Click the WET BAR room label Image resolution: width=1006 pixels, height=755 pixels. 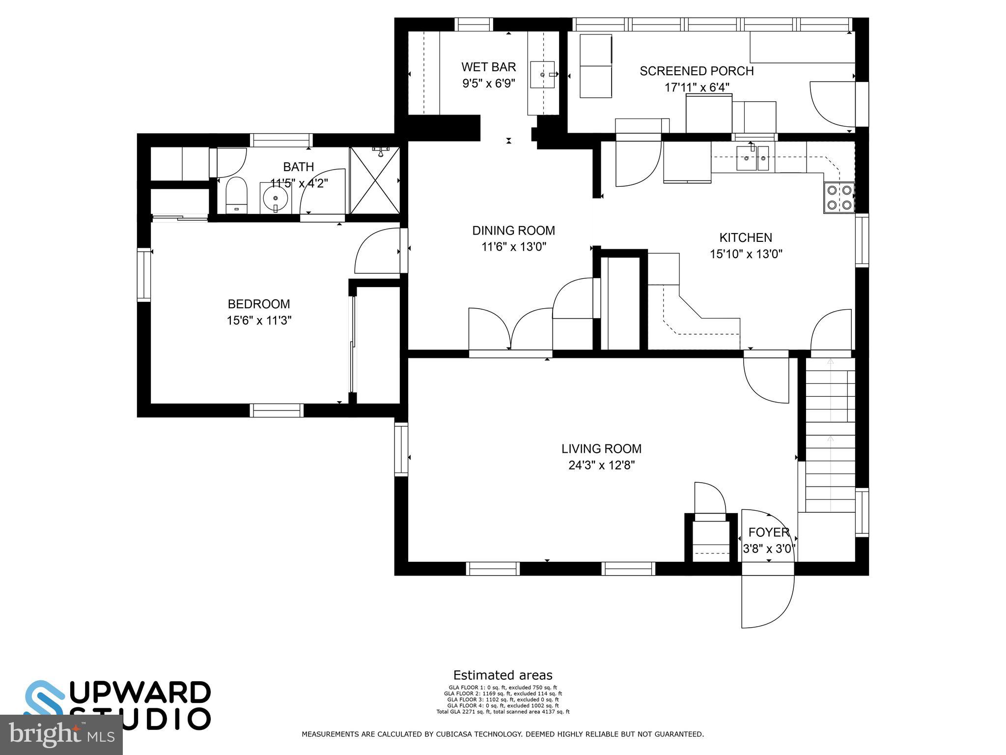pos(488,67)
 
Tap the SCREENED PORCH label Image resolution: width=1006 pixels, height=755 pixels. pos(696,71)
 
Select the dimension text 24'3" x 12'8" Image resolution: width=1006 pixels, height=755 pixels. pos(601,465)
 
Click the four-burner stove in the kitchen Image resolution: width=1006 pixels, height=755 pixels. pos(839,198)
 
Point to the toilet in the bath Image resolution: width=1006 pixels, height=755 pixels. pos(236,195)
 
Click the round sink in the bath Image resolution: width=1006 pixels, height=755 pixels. pos(275,199)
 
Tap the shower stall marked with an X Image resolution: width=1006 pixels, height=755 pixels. pos(375,180)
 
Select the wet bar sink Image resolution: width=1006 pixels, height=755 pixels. pos(542,75)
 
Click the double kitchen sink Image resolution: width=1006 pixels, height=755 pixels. pos(752,158)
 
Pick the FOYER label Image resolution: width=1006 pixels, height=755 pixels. pos(768,532)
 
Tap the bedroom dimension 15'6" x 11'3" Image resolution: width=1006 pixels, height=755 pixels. pos(259,320)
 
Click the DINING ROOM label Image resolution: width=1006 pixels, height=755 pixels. pos(513,231)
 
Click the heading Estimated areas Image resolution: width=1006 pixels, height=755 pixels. pos(503,675)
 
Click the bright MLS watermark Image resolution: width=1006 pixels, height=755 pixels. pos(61,735)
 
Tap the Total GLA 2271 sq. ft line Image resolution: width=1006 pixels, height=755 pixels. pos(503,712)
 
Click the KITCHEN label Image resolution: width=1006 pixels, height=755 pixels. pos(745,238)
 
